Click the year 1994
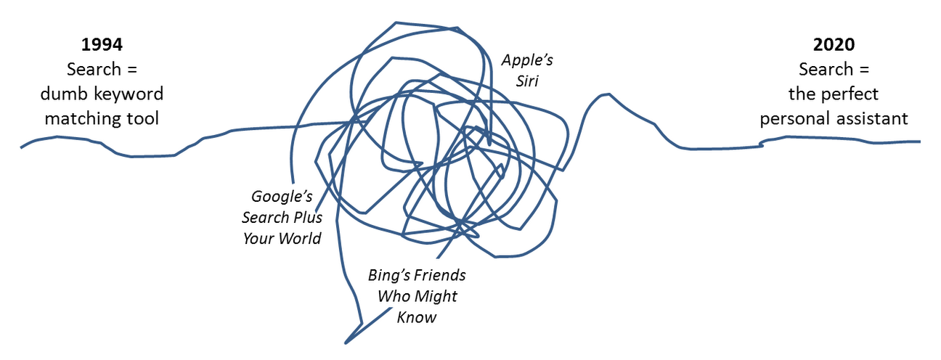(x=102, y=44)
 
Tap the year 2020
(x=834, y=44)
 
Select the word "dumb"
(x=62, y=94)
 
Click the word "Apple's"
(x=527, y=60)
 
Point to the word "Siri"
(x=527, y=81)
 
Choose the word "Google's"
(x=282, y=197)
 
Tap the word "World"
(x=299, y=239)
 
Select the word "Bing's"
(x=389, y=276)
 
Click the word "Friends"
(x=440, y=276)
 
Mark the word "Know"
(x=417, y=318)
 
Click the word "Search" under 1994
(x=94, y=69)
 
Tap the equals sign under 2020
(x=864, y=70)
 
